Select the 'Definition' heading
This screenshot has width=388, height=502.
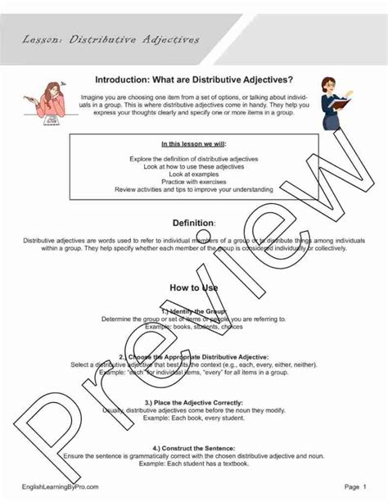point(194,223)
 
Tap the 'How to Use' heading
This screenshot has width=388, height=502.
point(194,287)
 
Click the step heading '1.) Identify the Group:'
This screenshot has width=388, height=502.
point(194,311)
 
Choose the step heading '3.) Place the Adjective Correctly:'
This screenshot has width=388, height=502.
point(194,403)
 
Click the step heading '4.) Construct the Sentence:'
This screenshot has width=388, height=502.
point(194,449)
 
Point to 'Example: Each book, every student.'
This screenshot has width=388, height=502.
point(194,418)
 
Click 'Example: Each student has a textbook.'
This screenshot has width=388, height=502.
point(194,464)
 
